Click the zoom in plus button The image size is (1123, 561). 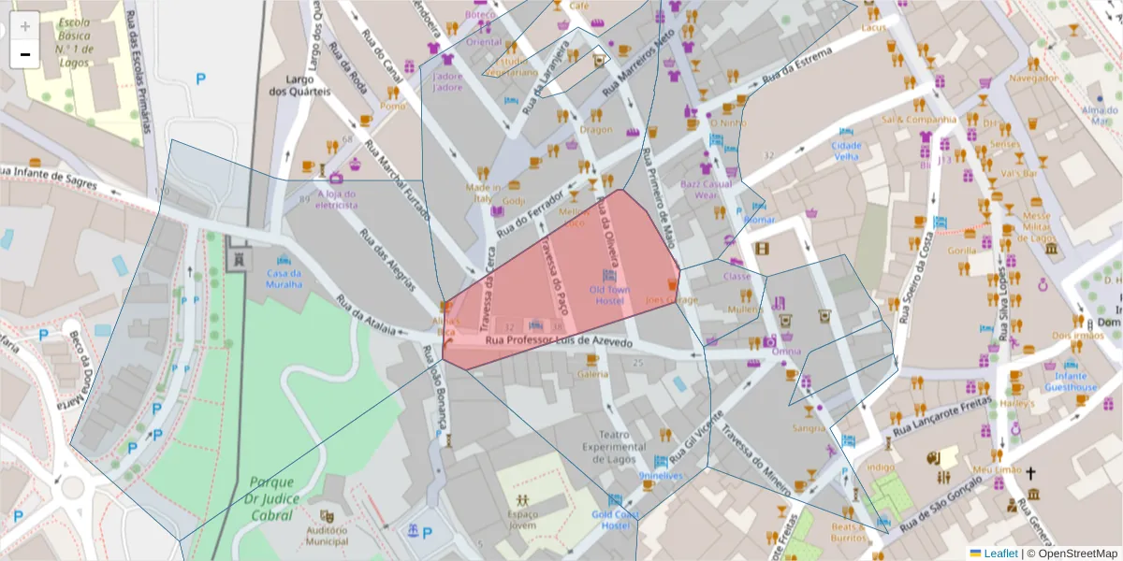click(25, 25)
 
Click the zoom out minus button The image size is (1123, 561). click(25, 54)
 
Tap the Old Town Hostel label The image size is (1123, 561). click(608, 295)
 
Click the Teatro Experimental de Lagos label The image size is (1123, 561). click(615, 447)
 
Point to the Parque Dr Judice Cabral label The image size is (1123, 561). click(271, 498)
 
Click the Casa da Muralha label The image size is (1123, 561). click(284, 278)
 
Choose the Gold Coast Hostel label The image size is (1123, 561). click(615, 520)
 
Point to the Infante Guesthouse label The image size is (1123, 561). click(1071, 381)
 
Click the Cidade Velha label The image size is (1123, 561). click(846, 151)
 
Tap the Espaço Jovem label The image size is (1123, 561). click(522, 520)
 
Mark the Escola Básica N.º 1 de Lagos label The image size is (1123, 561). click(73, 41)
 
